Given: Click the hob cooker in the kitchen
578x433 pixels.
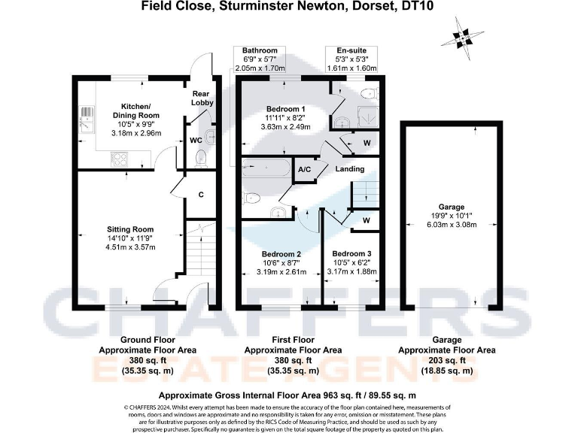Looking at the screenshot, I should [119, 158].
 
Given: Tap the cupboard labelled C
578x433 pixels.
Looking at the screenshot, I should [201, 195].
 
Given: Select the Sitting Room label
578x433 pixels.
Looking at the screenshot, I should [129, 229].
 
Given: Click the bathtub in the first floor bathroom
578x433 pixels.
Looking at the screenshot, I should [265, 168].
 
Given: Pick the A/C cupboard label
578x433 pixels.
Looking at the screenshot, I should [305, 170].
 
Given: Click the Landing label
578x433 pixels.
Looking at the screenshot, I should [350, 169].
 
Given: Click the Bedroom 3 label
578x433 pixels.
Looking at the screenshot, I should [351, 253].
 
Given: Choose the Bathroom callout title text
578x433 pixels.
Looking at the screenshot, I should [260, 50].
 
